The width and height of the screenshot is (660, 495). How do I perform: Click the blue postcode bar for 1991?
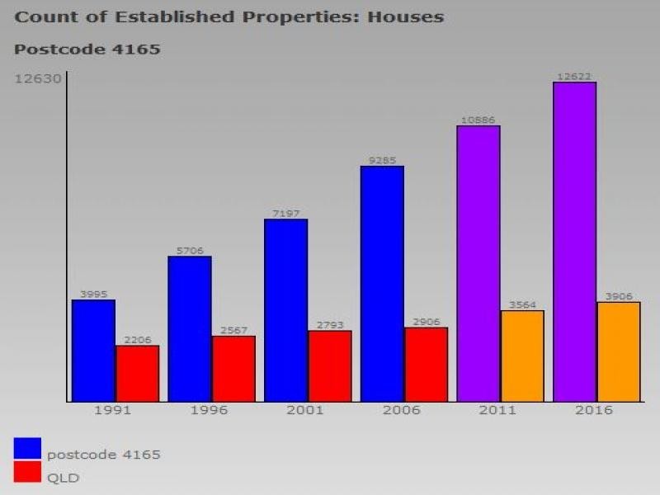pyautogui.click(x=93, y=351)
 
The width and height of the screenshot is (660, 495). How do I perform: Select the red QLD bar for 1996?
pyautogui.click(x=233, y=369)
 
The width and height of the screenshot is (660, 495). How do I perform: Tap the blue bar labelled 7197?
pyautogui.click(x=285, y=310)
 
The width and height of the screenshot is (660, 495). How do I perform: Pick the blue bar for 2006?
pyautogui.click(x=382, y=284)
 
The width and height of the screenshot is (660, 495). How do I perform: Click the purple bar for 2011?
pyautogui.click(x=478, y=264)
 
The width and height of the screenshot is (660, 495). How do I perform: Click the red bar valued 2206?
pyautogui.click(x=137, y=374)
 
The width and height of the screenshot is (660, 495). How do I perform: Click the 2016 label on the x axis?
pyautogui.click(x=594, y=410)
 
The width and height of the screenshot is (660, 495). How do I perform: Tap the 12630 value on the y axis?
pyautogui.click(x=37, y=79)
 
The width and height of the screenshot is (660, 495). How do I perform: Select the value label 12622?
pyautogui.click(x=574, y=77)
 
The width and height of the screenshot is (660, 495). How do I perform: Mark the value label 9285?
pyautogui.click(x=382, y=161)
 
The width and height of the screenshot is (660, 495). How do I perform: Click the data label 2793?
pyautogui.click(x=330, y=325)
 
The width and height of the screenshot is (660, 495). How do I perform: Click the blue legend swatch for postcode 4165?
pyautogui.click(x=27, y=448)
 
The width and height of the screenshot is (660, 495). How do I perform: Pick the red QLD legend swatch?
pyautogui.click(x=27, y=472)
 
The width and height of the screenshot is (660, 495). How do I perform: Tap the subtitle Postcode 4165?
pyautogui.click(x=87, y=49)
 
